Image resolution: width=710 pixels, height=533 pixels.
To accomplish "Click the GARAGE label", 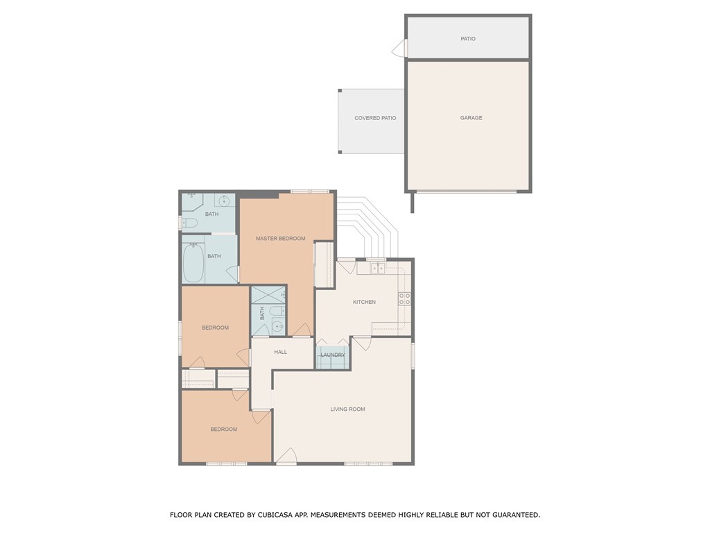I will pyautogui.click(x=471, y=118).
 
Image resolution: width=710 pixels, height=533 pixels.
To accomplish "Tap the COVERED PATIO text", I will pyautogui.click(x=375, y=118).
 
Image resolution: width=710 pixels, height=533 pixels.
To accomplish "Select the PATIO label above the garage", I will pyautogui.click(x=468, y=39).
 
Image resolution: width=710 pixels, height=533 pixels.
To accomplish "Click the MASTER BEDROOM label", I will pyautogui.click(x=280, y=239).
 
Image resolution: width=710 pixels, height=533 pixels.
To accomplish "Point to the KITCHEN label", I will pyautogui.click(x=364, y=302).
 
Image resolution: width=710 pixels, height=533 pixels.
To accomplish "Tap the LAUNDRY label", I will pyautogui.click(x=333, y=355).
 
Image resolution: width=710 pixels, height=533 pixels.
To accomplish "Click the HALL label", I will pyautogui.click(x=280, y=352).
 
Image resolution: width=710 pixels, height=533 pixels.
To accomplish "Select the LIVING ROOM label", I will pyautogui.click(x=347, y=409).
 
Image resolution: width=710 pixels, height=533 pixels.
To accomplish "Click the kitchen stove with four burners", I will pyautogui.click(x=404, y=299).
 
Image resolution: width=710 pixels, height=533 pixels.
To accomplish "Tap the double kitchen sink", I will pyautogui.click(x=376, y=268).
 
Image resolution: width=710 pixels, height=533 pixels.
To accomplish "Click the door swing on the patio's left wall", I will pyautogui.click(x=399, y=49).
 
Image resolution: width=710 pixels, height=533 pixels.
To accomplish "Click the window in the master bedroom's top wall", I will pyautogui.click(x=309, y=192).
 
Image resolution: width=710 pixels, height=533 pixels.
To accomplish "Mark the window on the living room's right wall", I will pyautogui.click(x=413, y=355).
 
